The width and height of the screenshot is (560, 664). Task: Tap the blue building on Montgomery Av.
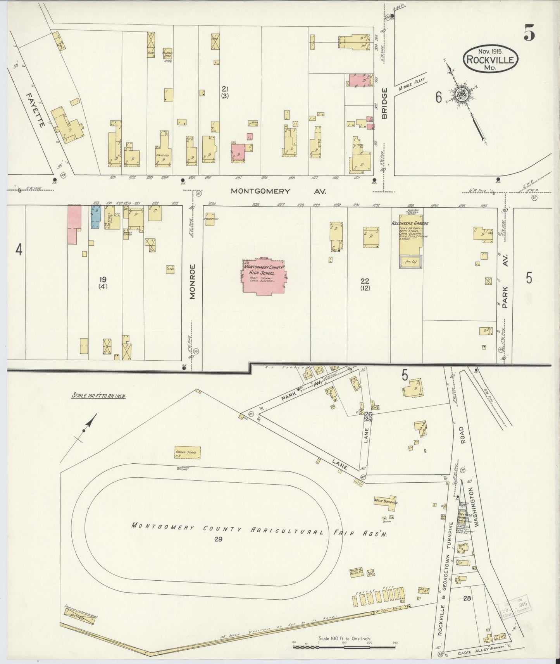(x=96, y=217)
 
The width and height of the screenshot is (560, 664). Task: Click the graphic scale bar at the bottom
(x=344, y=647)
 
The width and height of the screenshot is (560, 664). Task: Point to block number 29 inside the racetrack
(x=218, y=539)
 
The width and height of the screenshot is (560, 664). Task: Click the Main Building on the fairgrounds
(x=385, y=501)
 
